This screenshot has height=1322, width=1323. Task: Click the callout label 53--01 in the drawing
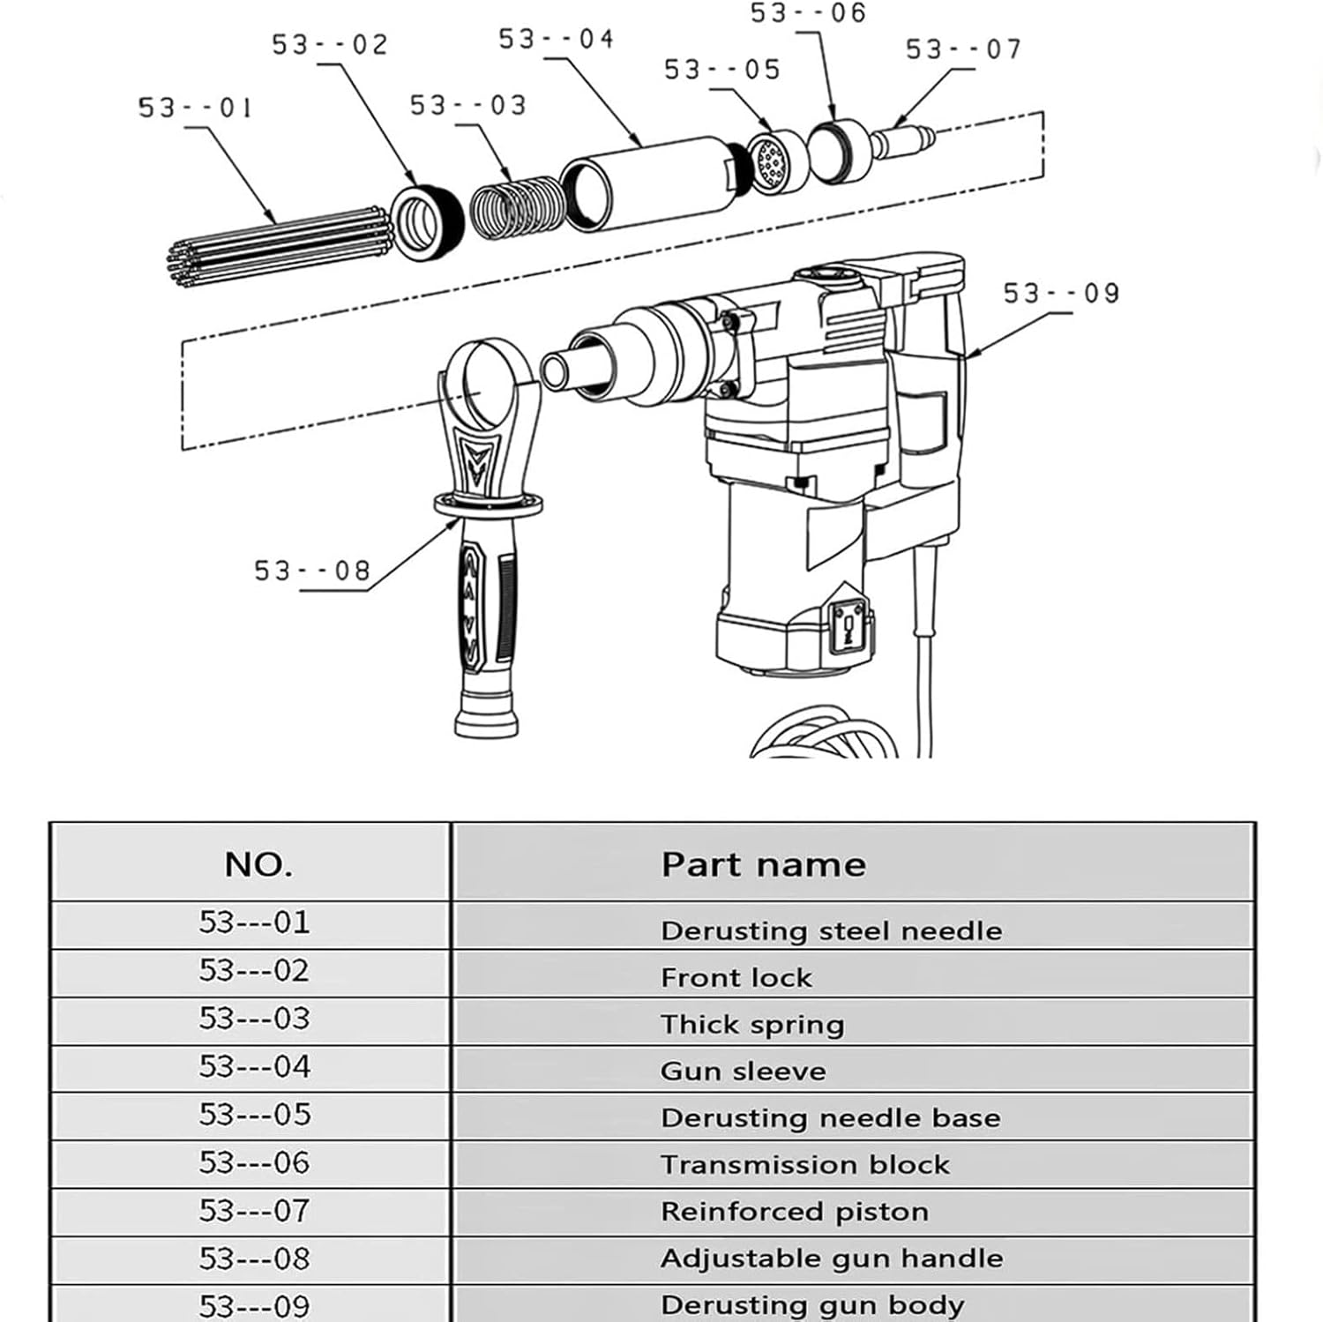(x=195, y=108)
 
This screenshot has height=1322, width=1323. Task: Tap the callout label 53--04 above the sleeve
(x=556, y=40)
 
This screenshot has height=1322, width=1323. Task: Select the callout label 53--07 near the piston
(x=963, y=49)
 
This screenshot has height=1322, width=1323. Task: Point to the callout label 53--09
(x=1061, y=293)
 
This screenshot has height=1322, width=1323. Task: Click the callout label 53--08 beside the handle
(x=312, y=571)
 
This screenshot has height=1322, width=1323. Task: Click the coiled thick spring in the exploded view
(x=514, y=209)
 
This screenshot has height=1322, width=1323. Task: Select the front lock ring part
(x=427, y=222)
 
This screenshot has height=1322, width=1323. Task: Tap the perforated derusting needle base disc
(x=774, y=162)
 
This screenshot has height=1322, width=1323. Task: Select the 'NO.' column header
(x=258, y=864)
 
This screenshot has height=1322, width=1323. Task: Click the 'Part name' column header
(x=763, y=864)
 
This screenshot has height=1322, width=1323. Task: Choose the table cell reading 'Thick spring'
(x=752, y=1024)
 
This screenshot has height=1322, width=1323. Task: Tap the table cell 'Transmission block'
(x=804, y=1164)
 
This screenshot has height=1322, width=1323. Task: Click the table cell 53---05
(x=255, y=1115)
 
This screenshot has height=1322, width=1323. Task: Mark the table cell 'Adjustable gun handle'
(x=831, y=1258)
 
